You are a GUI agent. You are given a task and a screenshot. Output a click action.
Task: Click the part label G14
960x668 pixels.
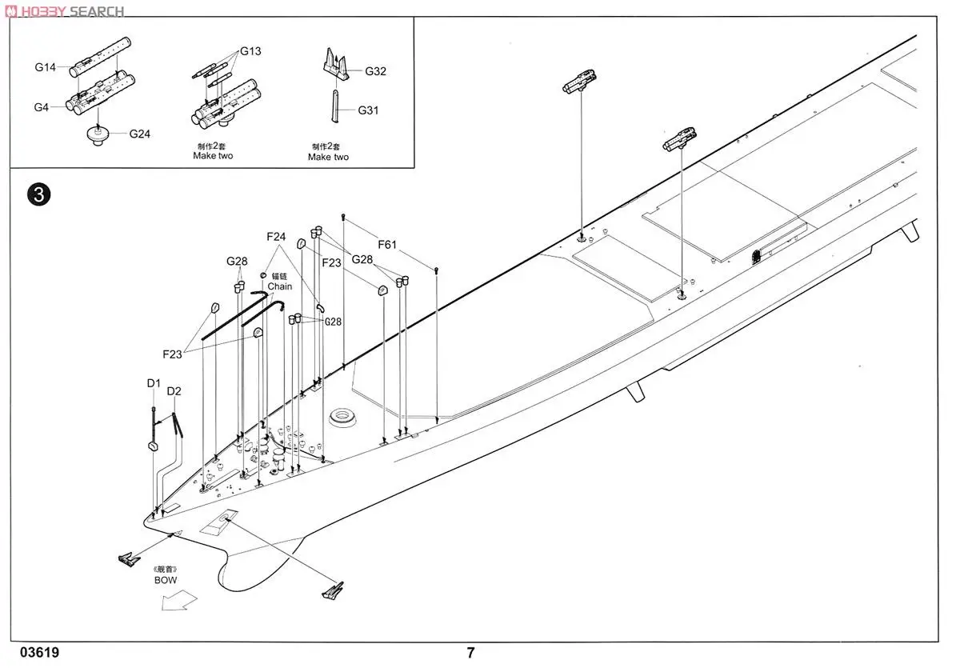[x=45, y=68]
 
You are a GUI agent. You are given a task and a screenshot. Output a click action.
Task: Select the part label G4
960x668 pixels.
[x=42, y=107]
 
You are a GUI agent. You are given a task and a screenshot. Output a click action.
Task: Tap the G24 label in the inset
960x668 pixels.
[x=140, y=134]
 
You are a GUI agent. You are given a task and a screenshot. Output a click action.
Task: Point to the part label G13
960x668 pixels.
[x=250, y=51]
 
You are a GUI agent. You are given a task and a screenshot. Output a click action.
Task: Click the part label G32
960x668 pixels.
[x=375, y=71]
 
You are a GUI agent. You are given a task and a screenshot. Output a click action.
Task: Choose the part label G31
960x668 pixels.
[x=368, y=110]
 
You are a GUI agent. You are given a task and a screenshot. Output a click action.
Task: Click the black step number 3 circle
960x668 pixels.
[x=39, y=194]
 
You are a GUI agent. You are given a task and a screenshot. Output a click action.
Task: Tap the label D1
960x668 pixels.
[x=154, y=384]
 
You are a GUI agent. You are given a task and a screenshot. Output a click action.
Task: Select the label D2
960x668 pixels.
[x=174, y=391]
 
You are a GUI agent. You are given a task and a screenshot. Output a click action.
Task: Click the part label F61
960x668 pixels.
[x=387, y=246]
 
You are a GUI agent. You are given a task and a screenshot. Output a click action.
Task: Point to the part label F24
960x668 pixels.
[x=276, y=237]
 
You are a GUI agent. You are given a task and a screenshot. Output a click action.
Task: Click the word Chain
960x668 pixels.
[x=279, y=286]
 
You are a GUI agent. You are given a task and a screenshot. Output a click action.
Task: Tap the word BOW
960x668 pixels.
[x=166, y=579]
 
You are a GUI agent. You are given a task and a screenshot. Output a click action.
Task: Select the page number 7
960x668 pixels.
[x=471, y=652]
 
